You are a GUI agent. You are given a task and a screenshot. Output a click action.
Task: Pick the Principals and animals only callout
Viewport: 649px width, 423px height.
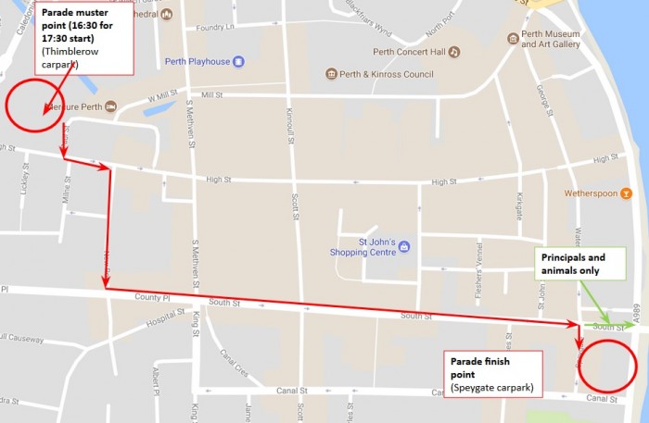[572, 264]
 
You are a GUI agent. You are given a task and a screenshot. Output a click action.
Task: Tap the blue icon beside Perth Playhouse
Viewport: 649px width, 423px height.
[238, 62]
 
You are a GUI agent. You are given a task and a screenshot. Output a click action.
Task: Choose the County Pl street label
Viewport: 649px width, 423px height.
[152, 298]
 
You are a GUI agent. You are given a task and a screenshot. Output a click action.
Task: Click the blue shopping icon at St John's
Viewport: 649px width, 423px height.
[404, 248]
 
